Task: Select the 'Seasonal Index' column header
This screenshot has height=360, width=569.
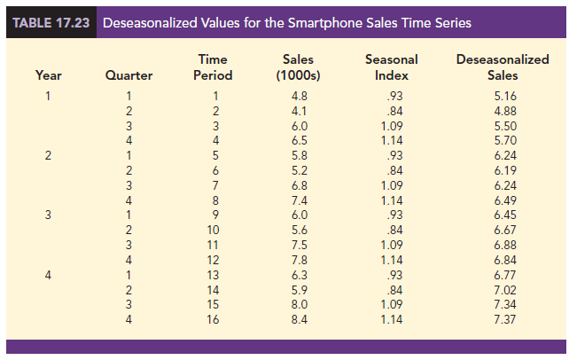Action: (391, 67)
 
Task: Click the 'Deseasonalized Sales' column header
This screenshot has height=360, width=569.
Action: (502, 67)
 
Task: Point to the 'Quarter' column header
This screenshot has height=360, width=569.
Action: (129, 76)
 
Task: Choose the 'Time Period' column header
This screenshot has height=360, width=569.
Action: (212, 67)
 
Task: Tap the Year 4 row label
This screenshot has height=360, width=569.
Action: (49, 274)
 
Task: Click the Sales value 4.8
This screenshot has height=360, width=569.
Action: (299, 95)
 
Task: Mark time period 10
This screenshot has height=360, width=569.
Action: (213, 229)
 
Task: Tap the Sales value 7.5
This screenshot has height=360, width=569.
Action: (299, 244)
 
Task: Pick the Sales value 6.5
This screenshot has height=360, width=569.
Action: (299, 139)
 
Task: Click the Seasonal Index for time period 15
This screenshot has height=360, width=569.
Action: (391, 304)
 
